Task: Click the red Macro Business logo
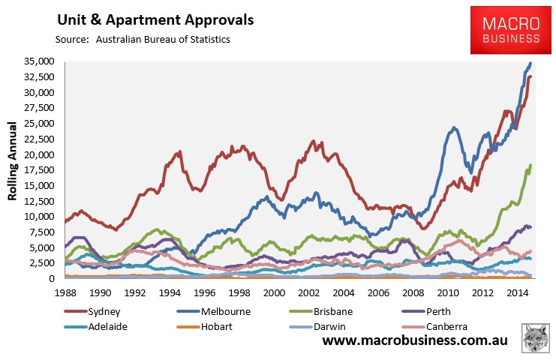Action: pyautogui.click(x=506, y=29)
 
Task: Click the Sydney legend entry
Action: pyautogui.click(x=103, y=310)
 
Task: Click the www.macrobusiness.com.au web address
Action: pyautogui.click(x=415, y=341)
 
